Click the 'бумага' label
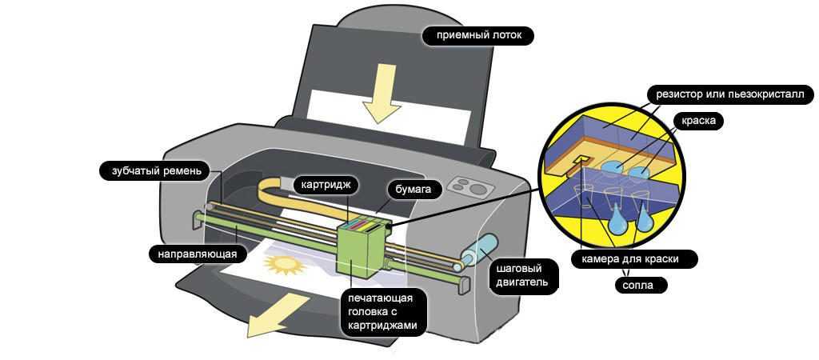click(x=413, y=190)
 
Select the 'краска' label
click(x=698, y=121)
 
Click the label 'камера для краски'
click(x=635, y=259)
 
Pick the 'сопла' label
click(x=640, y=284)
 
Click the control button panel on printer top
click(x=468, y=186)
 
